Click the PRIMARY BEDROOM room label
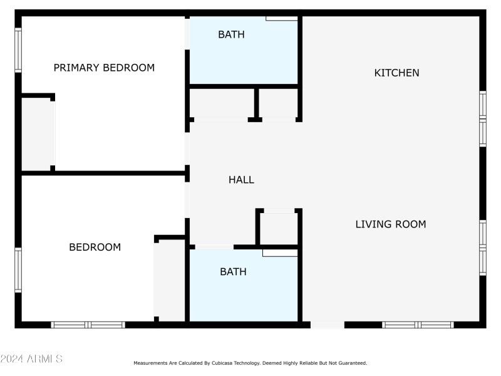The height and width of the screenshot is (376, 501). click(x=104, y=68)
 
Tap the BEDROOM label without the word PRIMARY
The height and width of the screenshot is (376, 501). click(x=95, y=248)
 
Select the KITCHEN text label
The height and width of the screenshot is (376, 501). click(x=396, y=73)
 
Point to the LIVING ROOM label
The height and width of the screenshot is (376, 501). click(x=391, y=224)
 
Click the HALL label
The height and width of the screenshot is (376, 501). click(x=241, y=180)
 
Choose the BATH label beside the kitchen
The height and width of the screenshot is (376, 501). click(x=231, y=34)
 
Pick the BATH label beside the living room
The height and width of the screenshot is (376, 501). click(x=233, y=272)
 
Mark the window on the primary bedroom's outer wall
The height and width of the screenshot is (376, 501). click(x=18, y=50)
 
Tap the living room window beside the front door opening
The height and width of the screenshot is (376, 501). click(x=418, y=325)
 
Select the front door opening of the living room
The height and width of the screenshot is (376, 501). click(x=327, y=325)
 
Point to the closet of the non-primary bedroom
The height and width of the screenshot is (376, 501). click(x=170, y=280)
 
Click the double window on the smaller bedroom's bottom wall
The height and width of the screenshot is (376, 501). click(x=88, y=325)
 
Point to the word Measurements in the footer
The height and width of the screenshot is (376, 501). click(x=150, y=363)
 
